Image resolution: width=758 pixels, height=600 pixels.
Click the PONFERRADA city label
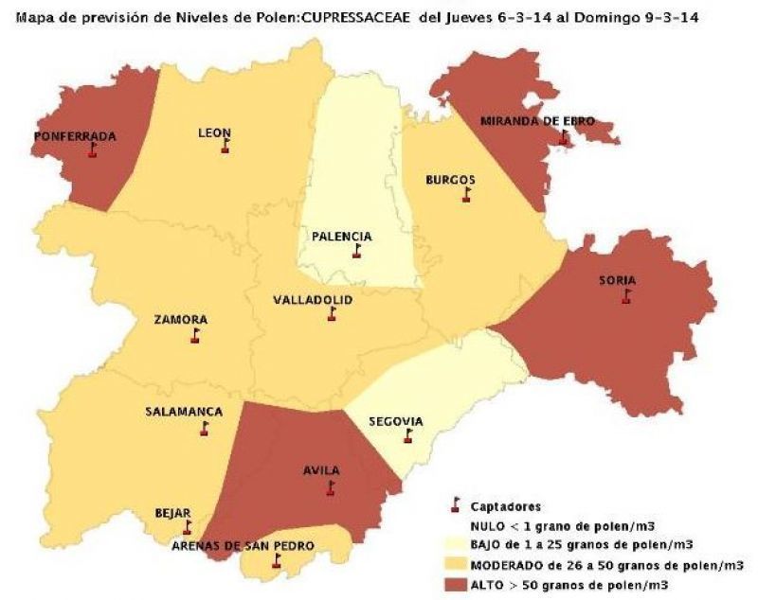[x=75, y=136]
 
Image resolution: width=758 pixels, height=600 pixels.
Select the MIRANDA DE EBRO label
[x=524, y=121]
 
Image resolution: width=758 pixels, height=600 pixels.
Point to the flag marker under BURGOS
[x=465, y=195]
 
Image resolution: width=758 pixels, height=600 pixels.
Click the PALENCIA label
[x=341, y=237]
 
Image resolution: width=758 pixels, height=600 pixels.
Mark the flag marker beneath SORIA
[x=625, y=296]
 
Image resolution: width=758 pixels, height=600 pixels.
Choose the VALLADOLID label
[x=313, y=299]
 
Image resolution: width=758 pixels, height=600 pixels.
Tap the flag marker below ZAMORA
[x=195, y=336]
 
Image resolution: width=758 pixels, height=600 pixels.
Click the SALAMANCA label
[x=184, y=412]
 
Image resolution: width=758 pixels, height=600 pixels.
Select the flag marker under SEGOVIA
[x=408, y=436]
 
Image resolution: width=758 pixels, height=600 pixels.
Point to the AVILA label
[x=322, y=470]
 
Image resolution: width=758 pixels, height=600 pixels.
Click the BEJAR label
[x=172, y=513]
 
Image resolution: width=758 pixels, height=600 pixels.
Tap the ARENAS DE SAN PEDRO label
[x=243, y=545]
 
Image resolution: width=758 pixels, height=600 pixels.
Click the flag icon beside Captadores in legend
[x=456, y=505]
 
